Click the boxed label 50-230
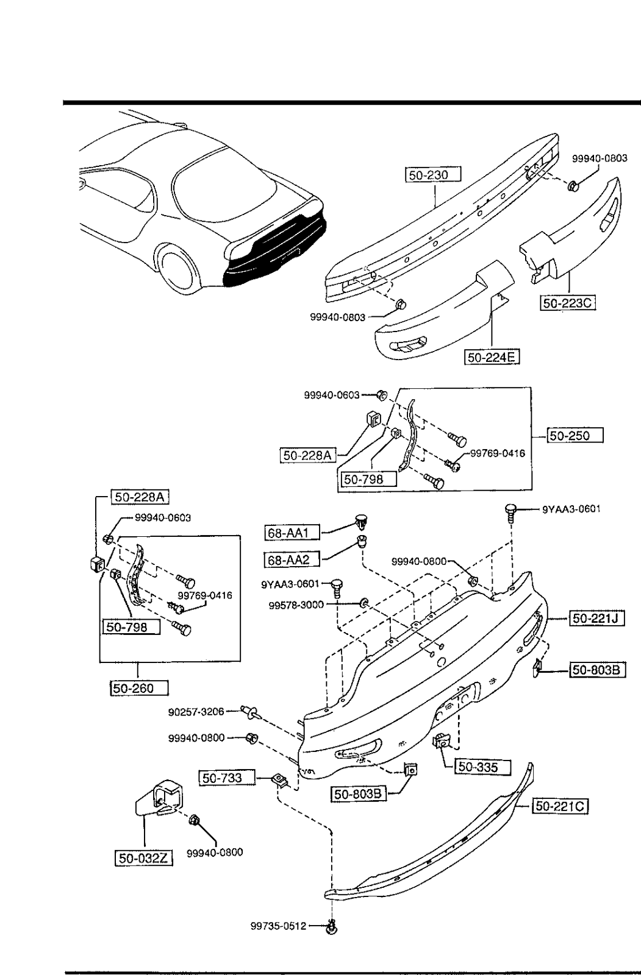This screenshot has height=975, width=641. click(x=433, y=175)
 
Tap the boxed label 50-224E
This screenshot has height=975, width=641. click(x=492, y=356)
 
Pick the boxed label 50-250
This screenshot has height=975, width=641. click(x=576, y=436)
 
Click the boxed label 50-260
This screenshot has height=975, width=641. click(x=139, y=688)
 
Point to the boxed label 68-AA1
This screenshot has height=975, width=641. click(x=292, y=533)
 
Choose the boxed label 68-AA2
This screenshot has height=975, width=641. click(x=292, y=559)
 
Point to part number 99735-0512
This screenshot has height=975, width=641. click(x=278, y=926)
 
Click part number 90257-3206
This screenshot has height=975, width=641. click(x=196, y=711)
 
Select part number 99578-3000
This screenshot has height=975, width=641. click(x=296, y=605)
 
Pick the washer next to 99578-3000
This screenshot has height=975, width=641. click(x=364, y=603)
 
